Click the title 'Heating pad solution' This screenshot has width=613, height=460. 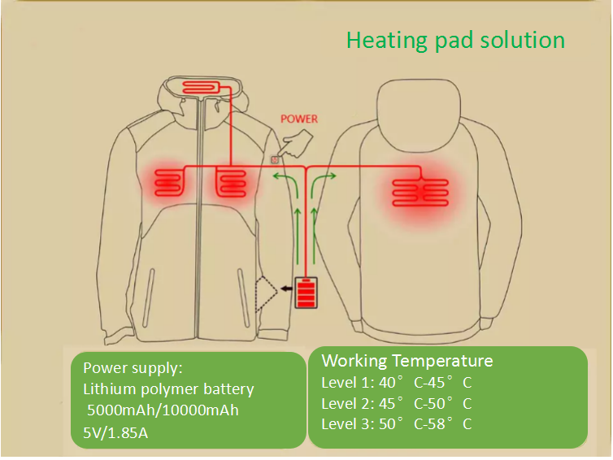[455, 39]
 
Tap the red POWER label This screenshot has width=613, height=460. [299, 119]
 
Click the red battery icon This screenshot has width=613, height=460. [306, 293]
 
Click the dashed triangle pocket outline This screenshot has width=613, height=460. [266, 295]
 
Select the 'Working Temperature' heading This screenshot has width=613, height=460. [407, 361]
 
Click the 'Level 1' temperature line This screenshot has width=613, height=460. [397, 382]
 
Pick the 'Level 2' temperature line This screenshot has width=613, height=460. [397, 403]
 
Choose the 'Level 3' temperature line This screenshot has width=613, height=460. [397, 423]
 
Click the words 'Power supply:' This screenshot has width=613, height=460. [128, 367]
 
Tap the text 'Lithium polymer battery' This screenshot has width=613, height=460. [169, 389]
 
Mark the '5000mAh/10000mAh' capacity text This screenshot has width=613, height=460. [163, 410]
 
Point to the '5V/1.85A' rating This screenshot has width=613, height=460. [116, 432]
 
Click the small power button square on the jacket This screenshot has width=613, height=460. [275, 159]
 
